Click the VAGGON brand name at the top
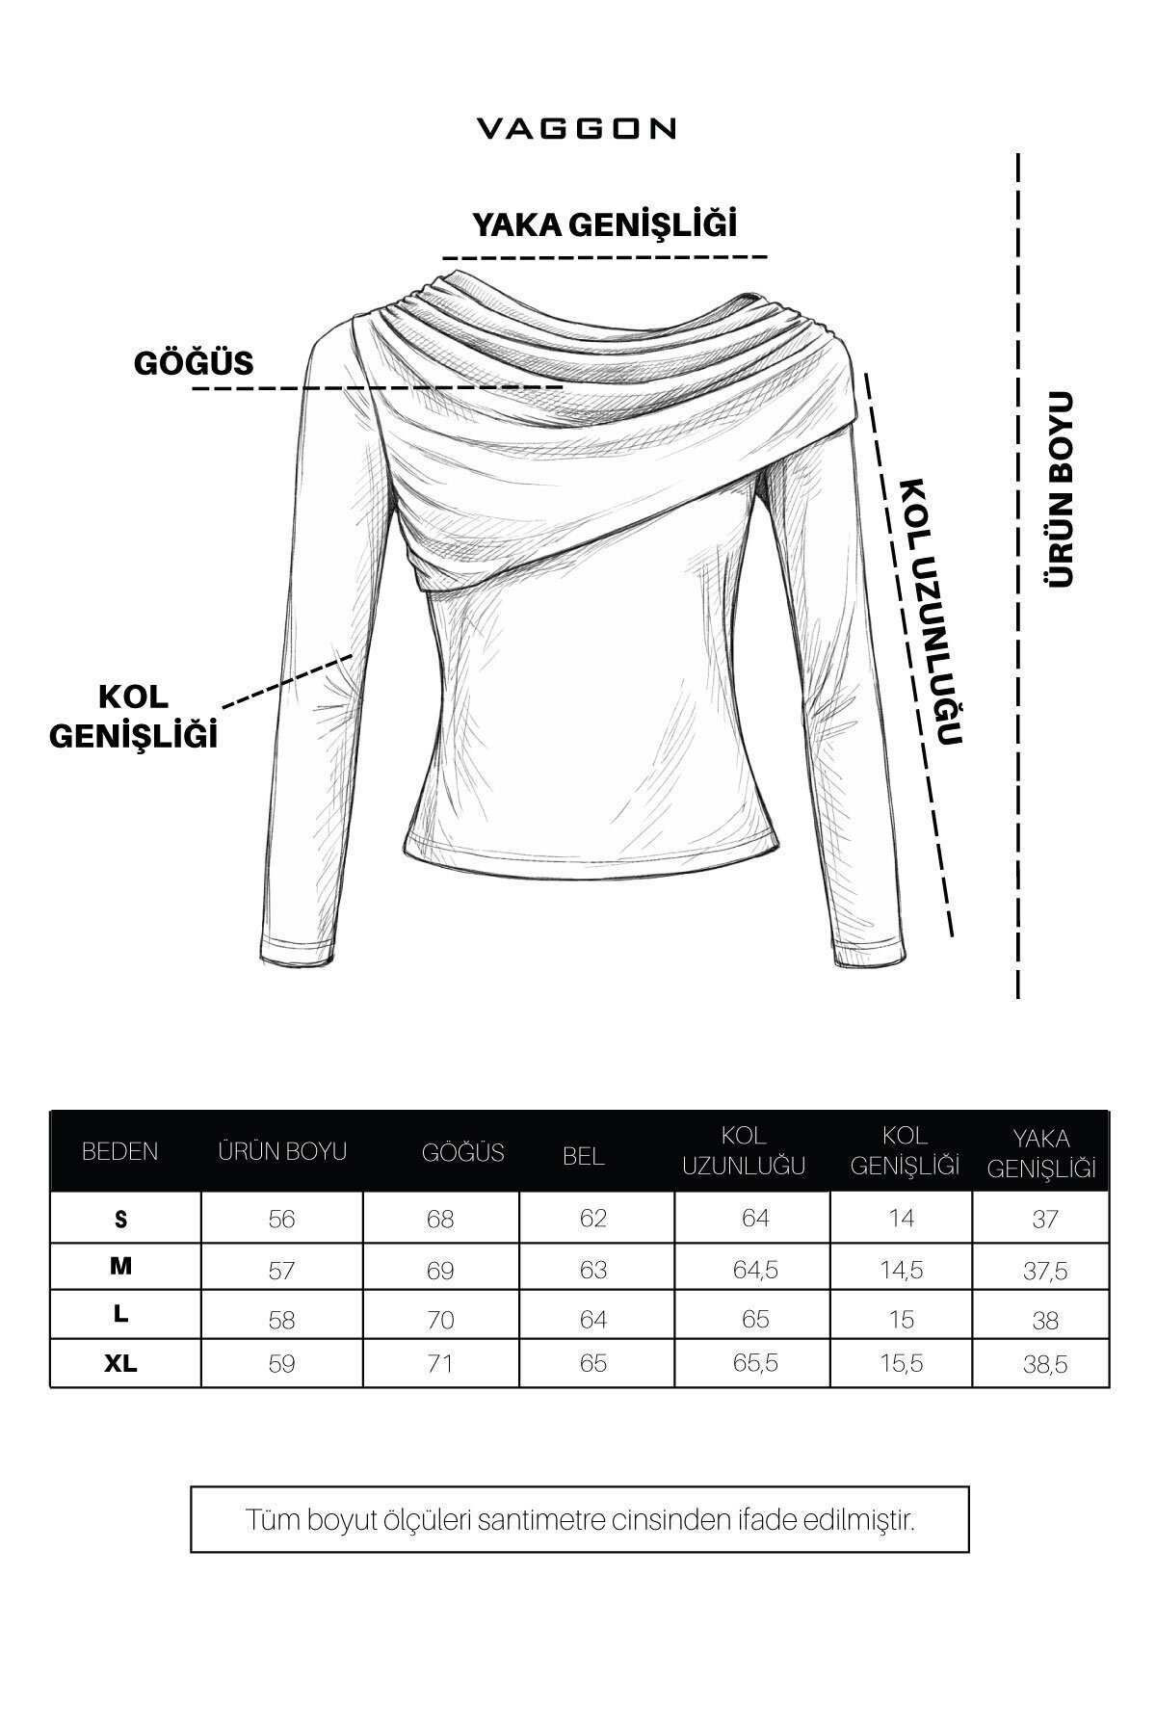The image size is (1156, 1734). point(577,129)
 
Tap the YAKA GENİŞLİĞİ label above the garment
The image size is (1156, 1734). point(604,224)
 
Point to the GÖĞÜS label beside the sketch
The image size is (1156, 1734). point(194,362)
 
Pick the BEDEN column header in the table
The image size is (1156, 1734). point(120,1151)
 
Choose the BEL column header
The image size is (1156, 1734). point(584,1157)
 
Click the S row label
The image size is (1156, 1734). point(120,1219)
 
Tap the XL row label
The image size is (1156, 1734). point(122,1364)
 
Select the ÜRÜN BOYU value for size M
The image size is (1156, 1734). point(281,1271)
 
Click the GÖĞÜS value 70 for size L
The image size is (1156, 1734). point(440,1319)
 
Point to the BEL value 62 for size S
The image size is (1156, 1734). point(593,1219)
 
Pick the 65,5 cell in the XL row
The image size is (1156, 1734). point(756,1364)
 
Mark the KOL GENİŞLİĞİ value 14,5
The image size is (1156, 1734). point(902,1270)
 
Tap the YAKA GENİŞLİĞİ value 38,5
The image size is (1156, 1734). point(1045,1365)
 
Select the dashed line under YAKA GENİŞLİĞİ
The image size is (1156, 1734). point(605,258)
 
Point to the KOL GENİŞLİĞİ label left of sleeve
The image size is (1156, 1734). point(133,716)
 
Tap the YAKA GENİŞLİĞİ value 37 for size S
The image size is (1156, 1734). point(1045,1220)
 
